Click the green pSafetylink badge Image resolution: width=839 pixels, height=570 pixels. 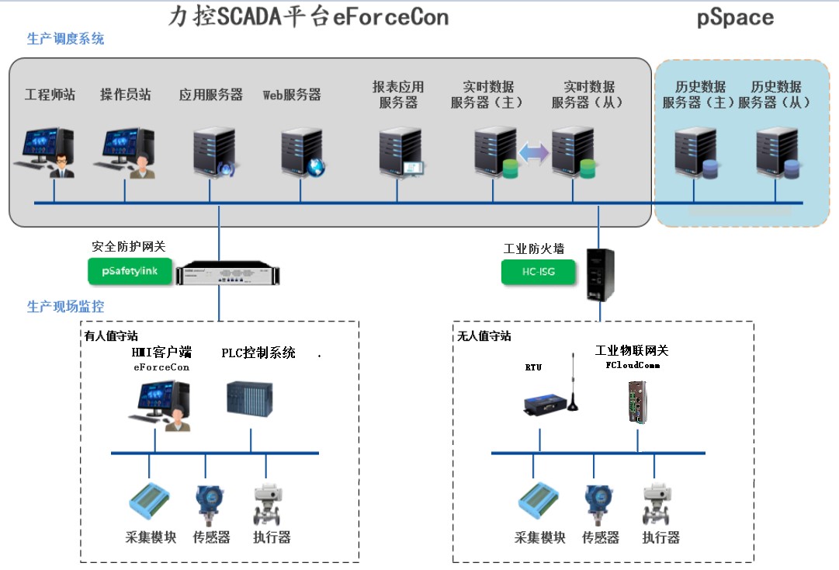pos(129,270)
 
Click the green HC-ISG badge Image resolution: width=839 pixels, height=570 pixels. pos(538,273)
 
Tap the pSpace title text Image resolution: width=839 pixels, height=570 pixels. pos(735,18)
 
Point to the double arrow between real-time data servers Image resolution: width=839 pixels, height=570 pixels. pos(533,153)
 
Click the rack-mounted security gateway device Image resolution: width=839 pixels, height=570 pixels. pos(228,275)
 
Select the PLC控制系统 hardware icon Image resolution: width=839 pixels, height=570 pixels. pos(250,398)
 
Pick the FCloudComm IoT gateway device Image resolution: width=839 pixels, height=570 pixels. pos(637,400)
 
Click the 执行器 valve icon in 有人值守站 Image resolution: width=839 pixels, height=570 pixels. pos(268,505)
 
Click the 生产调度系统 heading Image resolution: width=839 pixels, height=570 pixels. pos(65,39)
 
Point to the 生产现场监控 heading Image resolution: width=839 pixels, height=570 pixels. pos(65,307)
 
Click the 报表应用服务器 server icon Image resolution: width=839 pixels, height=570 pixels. pos(400,153)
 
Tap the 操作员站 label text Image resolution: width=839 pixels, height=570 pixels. pos(125,95)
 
